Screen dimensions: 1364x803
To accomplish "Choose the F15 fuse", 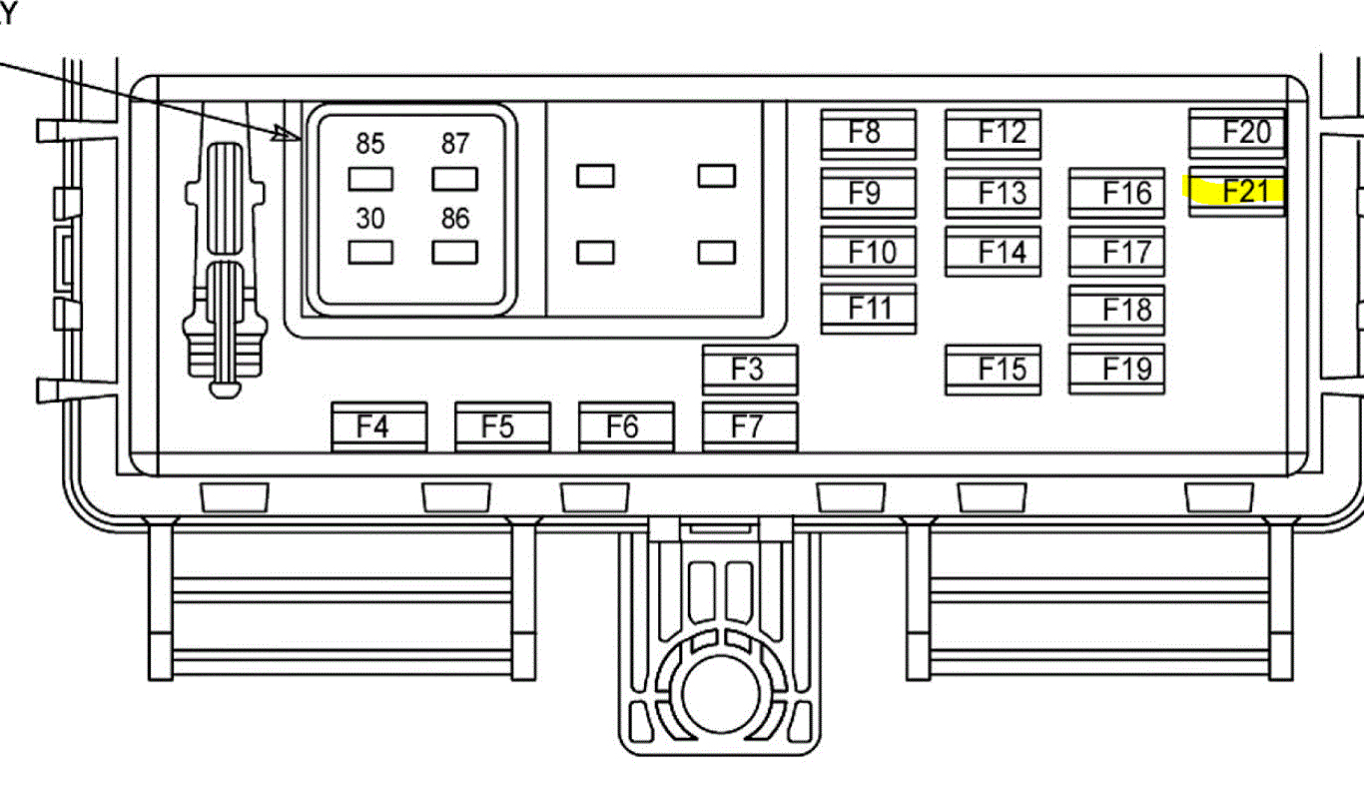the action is pos(994,370).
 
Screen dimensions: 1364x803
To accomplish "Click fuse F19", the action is pos(1116,370).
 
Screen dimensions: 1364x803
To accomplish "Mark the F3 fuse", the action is pos(750,370).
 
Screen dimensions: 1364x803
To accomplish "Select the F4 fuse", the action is pos(379,427).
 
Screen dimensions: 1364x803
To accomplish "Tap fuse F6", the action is pos(626,427).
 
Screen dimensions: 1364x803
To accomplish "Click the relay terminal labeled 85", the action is pos(370,179).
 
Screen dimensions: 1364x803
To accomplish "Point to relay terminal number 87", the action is pos(454,179).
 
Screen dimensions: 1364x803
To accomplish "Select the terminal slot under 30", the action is pos(370,252).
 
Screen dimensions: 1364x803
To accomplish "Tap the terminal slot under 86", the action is pos(454,252).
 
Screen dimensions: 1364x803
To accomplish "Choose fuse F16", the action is pos(1116,193).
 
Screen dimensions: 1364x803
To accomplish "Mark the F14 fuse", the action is pos(994,252).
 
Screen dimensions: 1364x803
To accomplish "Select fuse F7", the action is pos(750,427).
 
